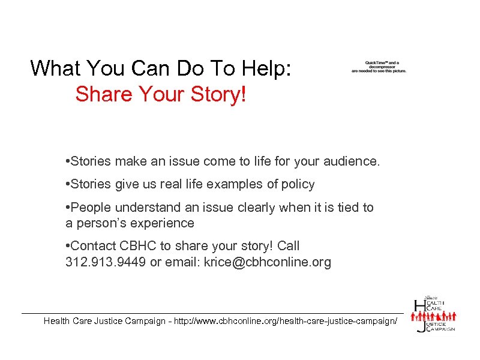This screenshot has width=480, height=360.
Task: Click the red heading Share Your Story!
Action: point(161,94)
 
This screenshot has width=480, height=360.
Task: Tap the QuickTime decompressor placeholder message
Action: point(379,67)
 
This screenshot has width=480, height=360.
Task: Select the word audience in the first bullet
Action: point(350,161)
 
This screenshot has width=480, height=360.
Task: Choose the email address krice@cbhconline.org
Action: point(267,262)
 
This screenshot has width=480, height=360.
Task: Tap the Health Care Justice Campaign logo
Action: point(434,314)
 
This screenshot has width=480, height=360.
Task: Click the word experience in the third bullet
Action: point(164,223)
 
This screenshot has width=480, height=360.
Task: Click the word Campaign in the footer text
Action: point(143,321)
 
